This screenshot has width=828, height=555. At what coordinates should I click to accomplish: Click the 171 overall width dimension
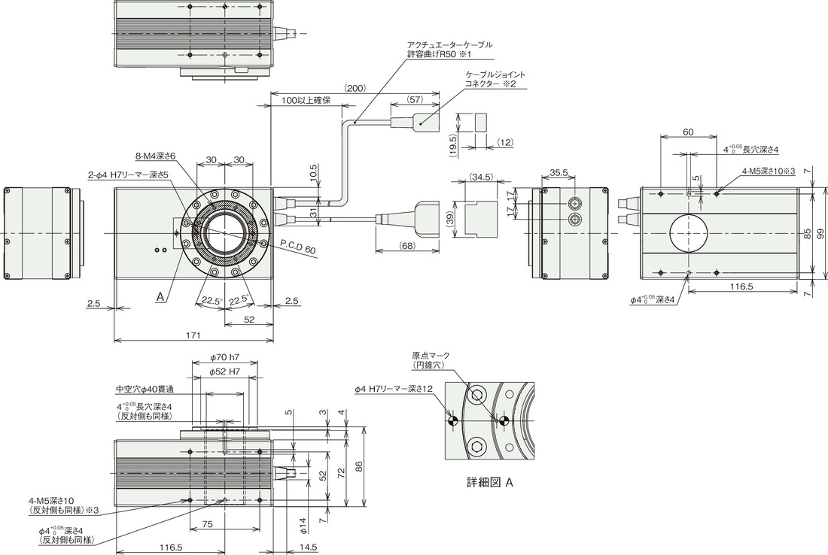coord(193,335)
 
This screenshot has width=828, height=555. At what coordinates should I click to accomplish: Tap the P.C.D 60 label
coord(297,247)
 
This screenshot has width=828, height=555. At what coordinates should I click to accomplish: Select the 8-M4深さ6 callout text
coord(155,156)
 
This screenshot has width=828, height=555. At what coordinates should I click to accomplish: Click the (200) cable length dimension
coord(355,88)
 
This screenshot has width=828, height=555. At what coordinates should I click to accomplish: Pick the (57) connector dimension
coord(415,99)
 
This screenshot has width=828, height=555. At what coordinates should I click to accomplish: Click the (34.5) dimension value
coord(480,177)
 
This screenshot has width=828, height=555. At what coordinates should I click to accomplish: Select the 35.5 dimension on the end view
coord(559,172)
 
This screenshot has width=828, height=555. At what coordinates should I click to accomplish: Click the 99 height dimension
coord(820,232)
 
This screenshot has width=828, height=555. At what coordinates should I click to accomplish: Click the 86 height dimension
coord(359,466)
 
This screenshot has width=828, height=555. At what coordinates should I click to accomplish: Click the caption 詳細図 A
coord(490,482)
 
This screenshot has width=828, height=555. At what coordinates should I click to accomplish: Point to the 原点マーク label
coord(431,356)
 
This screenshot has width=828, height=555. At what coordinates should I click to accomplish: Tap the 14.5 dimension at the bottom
coord(307,547)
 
